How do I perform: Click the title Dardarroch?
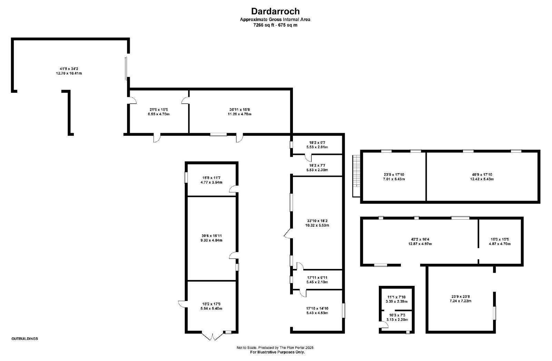[x=275, y=11]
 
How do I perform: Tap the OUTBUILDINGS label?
[x=24, y=339]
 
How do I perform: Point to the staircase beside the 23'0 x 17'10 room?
[x=356, y=176]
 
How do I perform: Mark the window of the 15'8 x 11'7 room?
[x=186, y=178]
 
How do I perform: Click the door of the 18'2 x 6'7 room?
[x=308, y=158]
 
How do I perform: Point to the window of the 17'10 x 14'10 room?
[x=344, y=311]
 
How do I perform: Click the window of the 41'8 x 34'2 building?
[x=126, y=69]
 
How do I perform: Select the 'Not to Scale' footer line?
[x=275, y=348]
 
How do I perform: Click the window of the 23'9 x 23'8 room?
[x=495, y=313]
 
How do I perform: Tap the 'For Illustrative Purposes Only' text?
[x=277, y=352]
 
